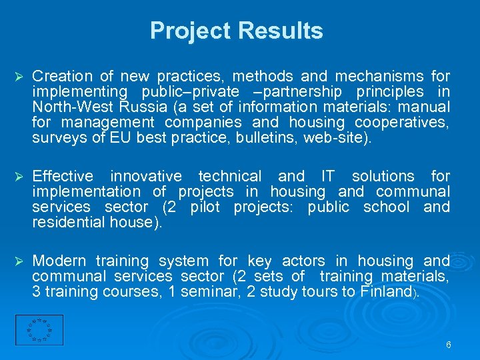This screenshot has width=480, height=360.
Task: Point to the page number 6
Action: click(448, 345)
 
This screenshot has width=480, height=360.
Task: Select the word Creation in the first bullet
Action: click(62, 77)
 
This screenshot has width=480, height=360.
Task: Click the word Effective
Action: click(63, 177)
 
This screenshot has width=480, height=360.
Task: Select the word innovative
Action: click(146, 177)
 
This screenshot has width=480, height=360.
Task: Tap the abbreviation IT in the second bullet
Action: click(328, 177)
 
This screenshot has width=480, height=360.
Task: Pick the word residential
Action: click(69, 223)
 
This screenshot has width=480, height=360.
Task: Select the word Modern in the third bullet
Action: click(59, 261)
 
